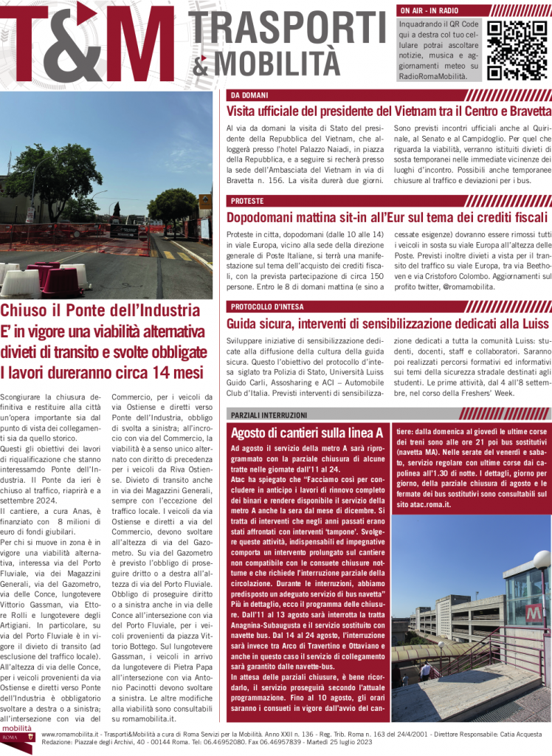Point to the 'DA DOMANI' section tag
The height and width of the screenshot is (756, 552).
249,95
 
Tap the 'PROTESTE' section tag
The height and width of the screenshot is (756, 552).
247,201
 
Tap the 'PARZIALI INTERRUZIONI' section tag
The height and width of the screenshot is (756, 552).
269,415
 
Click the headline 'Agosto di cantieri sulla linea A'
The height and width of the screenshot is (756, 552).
307,433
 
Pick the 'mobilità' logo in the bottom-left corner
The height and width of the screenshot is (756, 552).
16,739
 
